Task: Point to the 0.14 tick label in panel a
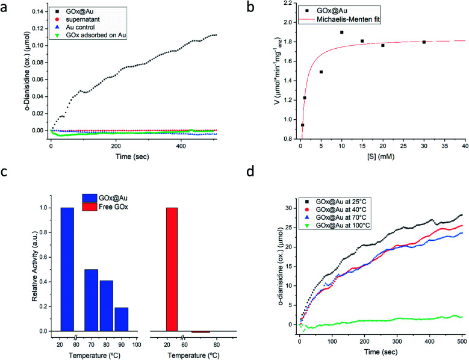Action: (36, 12)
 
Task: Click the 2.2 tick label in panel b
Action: (289, 4)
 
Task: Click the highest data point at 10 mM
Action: (341, 32)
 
